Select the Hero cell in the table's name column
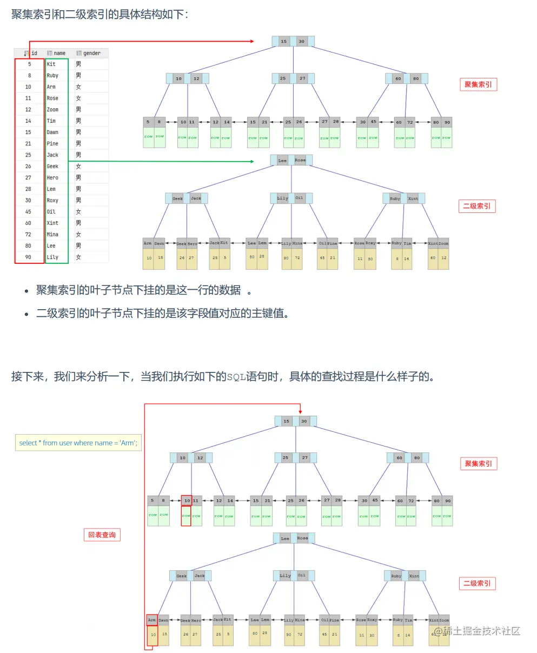coord(52,178)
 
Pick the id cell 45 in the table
coord(28,212)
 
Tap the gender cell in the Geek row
coord(78,166)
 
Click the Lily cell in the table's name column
coord(52,257)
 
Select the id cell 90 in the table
coord(28,257)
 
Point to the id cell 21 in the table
coord(28,144)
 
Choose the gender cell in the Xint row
coord(78,223)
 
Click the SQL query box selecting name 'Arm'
coord(78,443)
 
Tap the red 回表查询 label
coord(102,535)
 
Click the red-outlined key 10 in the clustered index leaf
coord(187,501)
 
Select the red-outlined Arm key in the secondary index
coord(152,620)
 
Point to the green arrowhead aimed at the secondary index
coord(251,161)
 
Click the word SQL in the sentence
coord(236,377)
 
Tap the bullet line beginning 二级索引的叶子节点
coord(162,314)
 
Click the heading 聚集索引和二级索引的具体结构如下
coord(100,14)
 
